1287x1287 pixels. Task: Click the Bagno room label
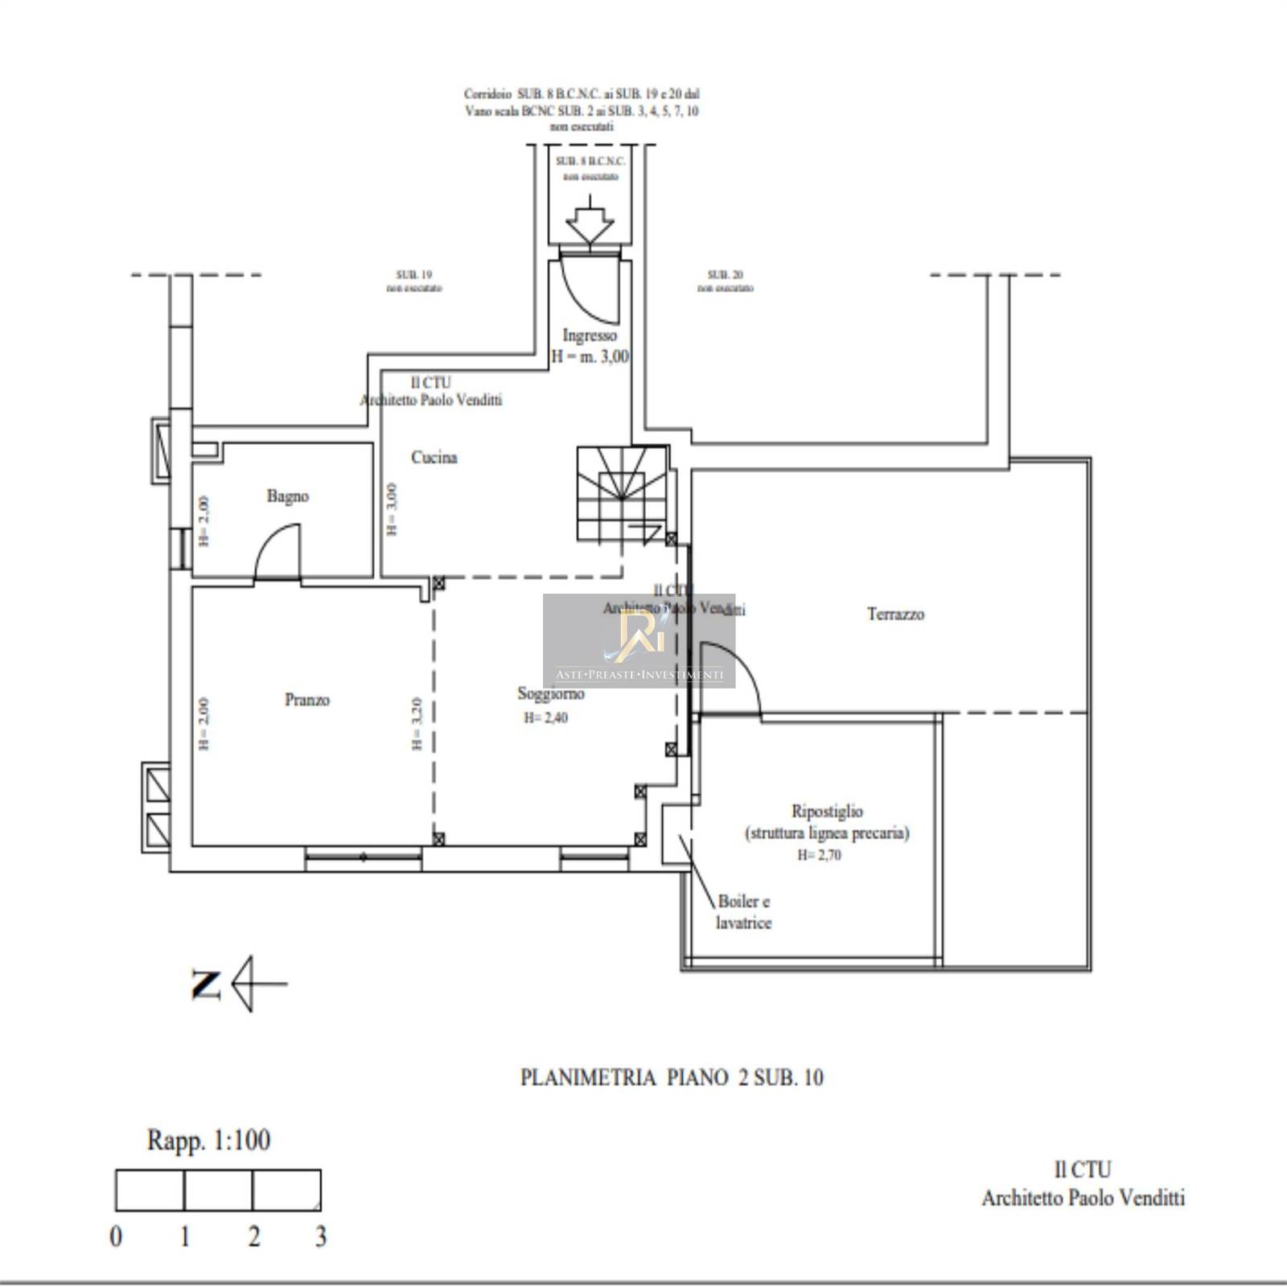click(288, 496)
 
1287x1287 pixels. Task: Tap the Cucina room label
click(434, 458)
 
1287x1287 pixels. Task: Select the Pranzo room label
click(307, 700)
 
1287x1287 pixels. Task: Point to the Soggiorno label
click(551, 693)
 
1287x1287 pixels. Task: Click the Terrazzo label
click(895, 615)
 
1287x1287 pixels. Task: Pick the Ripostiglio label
click(827, 812)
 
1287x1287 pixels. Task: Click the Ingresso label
click(590, 335)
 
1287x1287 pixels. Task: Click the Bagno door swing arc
click(278, 551)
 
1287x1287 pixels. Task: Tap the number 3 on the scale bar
click(320, 1236)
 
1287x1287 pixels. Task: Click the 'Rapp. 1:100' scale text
click(208, 1140)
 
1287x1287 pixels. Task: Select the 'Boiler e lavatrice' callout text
click(743, 912)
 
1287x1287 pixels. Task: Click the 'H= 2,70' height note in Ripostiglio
click(819, 855)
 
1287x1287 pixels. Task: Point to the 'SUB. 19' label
click(414, 275)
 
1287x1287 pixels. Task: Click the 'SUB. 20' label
click(725, 275)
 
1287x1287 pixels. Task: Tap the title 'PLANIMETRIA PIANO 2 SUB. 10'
click(672, 1078)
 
